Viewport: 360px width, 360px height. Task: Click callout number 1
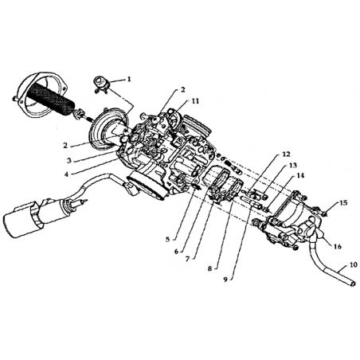point(129,79)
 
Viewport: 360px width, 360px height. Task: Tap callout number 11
point(195,101)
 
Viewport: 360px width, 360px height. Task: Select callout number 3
point(69,160)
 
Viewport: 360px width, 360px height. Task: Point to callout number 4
point(67,174)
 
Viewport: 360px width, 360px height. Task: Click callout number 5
point(167,239)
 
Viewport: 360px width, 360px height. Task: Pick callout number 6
point(176,251)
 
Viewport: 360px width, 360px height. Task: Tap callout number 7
point(188,259)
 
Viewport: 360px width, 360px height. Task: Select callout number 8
point(210,268)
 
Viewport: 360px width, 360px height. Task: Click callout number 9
point(225,280)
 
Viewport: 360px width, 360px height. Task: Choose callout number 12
point(287,154)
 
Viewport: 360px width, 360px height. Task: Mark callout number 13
point(293,166)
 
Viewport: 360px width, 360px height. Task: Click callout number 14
point(300,175)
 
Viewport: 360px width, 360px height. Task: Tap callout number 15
point(343,203)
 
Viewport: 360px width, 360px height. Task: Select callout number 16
point(338,246)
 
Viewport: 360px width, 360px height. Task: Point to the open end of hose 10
point(353,284)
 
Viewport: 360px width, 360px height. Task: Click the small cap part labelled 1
point(102,84)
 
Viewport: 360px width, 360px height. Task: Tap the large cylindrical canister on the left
point(22,218)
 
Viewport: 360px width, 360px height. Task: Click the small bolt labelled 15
point(324,213)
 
